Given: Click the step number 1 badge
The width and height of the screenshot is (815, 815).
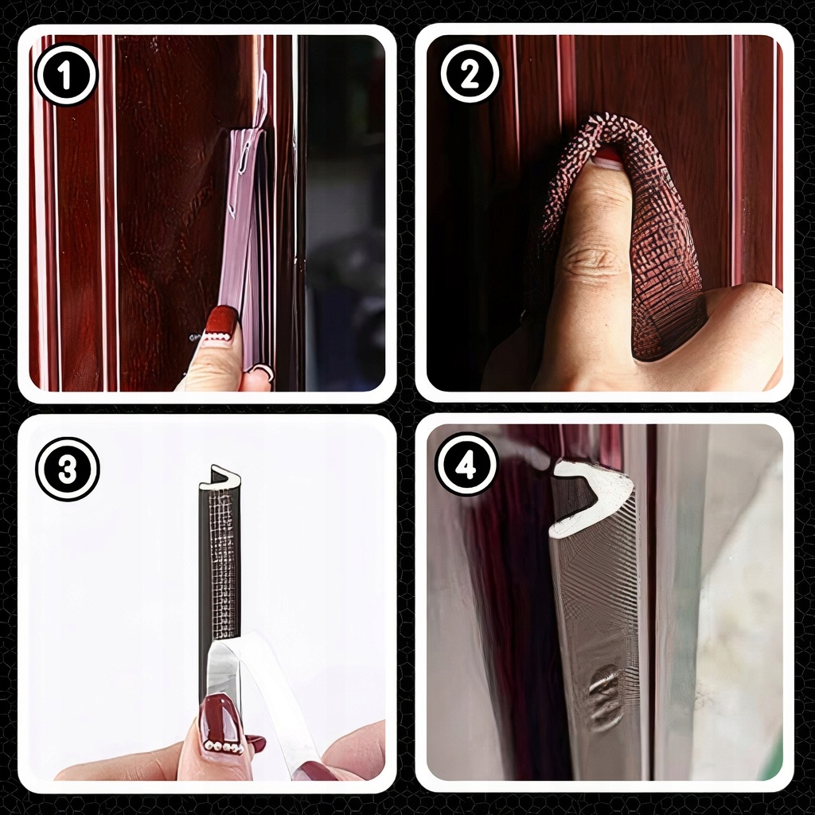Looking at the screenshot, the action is pos(65,74).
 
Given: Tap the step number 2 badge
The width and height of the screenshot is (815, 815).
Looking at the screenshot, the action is pos(470,74).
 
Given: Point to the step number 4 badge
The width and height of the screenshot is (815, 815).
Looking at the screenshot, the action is pos(466,465).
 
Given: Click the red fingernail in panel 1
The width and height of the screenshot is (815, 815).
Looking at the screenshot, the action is pos(221,323).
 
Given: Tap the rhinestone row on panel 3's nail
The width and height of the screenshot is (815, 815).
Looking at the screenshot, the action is pos(224,747).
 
